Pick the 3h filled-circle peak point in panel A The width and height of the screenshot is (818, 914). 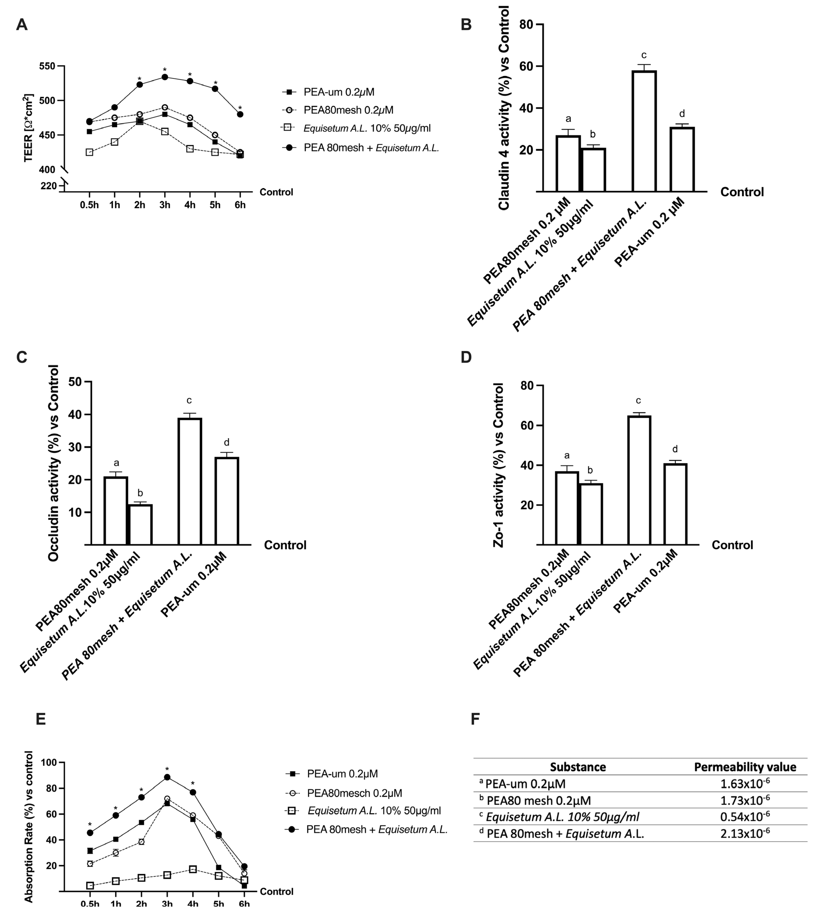[x=165, y=77]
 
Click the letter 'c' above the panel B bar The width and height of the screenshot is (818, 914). [x=644, y=55]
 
